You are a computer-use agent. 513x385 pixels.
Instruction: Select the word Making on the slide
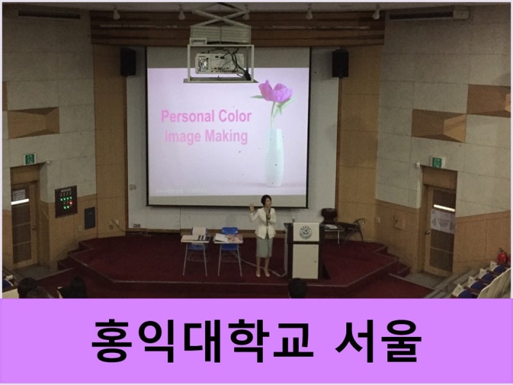pos(226,136)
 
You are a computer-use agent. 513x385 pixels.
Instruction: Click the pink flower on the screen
pos(275,90)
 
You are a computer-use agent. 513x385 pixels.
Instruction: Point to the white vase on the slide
pos(274,157)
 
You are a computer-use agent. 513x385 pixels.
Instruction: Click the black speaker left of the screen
pos(128,62)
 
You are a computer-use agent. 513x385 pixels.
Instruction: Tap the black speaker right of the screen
pos(341,63)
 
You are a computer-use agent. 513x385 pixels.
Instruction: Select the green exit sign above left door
pos(30,158)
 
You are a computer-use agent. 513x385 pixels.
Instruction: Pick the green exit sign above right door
pos(437,162)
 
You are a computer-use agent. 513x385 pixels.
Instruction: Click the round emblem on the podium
pos(306,232)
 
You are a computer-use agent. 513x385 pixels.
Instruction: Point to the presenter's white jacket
pos(263,223)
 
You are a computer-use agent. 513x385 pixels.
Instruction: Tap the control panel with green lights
pos(66,201)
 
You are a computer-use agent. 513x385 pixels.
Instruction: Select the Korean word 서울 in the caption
pos(378,341)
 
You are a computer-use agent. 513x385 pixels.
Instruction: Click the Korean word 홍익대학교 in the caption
pos(202,341)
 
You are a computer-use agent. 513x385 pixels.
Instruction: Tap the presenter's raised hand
pos(251,207)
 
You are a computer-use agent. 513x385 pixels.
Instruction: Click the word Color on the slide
pos(235,116)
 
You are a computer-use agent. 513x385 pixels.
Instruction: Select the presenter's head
pos(266,201)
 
